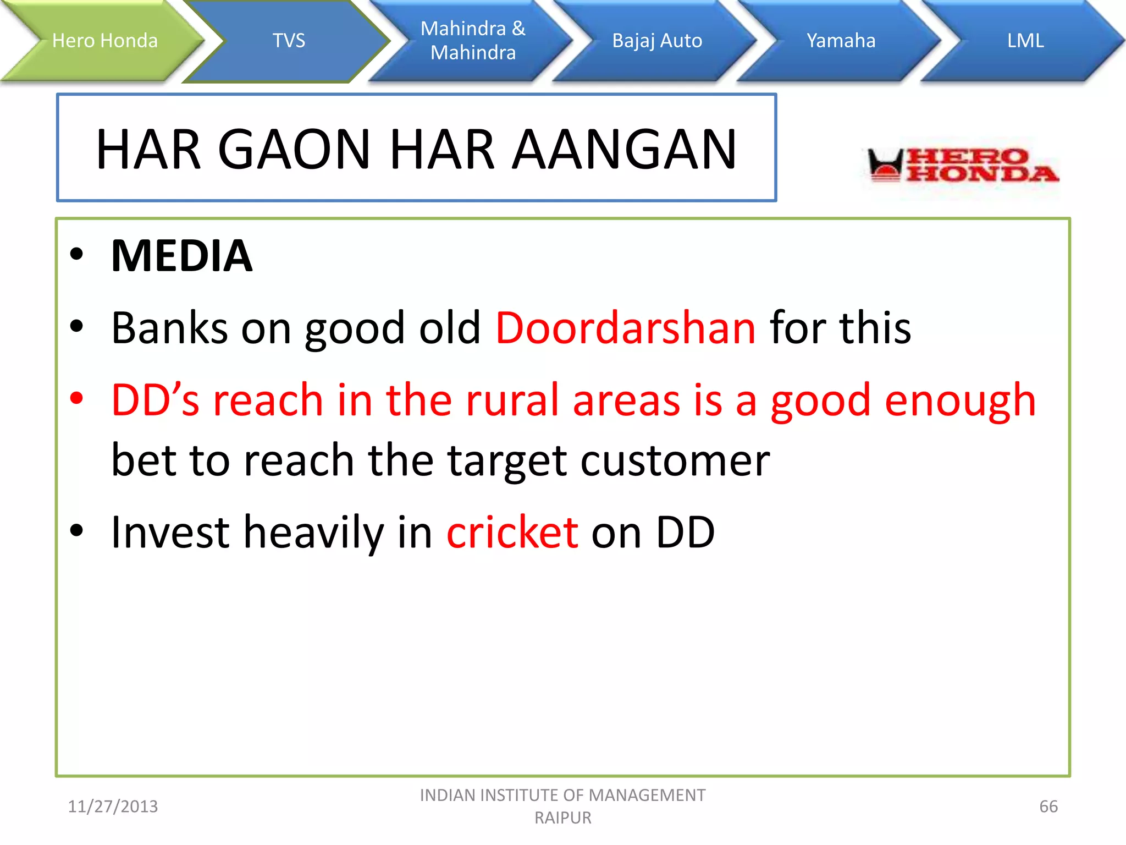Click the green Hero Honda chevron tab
(104, 41)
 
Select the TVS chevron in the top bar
(289, 41)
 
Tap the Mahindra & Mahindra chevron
(473, 41)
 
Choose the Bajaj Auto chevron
(657, 41)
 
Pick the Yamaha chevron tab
(841, 41)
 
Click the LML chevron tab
(1025, 41)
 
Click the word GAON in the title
(295, 149)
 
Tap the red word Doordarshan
(626, 328)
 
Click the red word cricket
(512, 532)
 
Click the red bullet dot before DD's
(77, 398)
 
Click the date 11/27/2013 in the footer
(113, 806)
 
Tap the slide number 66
(1048, 806)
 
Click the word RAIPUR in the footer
(563, 818)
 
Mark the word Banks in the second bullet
(169, 328)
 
